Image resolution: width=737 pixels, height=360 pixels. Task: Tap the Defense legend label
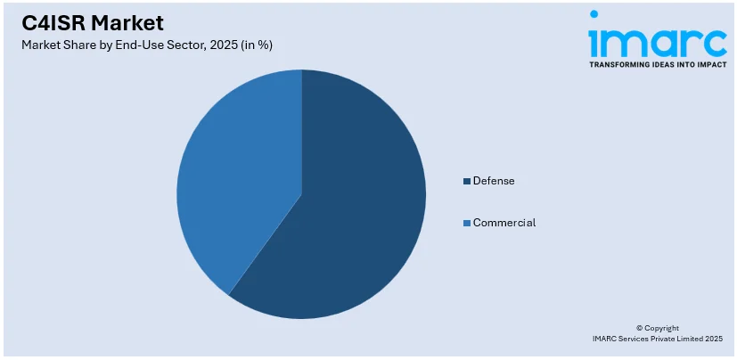point(494,181)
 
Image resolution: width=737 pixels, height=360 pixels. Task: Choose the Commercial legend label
point(504,223)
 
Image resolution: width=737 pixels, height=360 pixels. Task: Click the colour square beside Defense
point(467,182)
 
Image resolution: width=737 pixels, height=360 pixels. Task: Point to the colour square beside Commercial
point(467,223)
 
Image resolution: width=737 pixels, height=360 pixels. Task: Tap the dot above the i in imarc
point(594,15)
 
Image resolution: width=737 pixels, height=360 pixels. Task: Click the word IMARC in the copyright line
point(606,339)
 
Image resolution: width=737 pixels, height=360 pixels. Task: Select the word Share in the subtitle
point(78,45)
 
